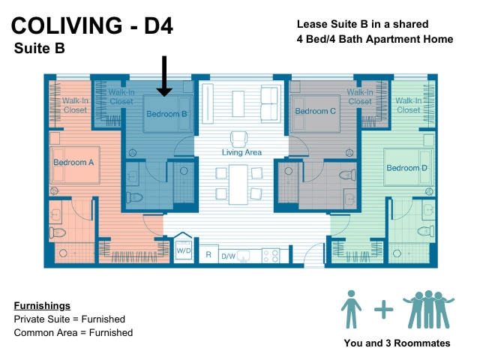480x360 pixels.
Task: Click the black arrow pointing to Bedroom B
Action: click(x=164, y=76)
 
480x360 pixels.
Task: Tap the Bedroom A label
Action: click(x=73, y=162)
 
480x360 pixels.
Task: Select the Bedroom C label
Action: click(x=315, y=111)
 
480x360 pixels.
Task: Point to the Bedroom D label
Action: click(x=406, y=168)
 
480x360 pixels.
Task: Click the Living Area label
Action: click(x=241, y=152)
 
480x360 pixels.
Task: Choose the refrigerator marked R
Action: click(x=208, y=254)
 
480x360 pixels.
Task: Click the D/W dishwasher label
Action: click(x=228, y=256)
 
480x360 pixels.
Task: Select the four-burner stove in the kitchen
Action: click(x=271, y=256)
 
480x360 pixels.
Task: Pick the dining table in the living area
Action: click(x=238, y=184)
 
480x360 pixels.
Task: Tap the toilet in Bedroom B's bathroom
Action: click(x=135, y=197)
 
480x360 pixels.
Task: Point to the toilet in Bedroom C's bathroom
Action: click(x=347, y=175)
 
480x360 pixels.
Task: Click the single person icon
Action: click(x=351, y=309)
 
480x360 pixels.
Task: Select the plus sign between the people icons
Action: click(x=383, y=310)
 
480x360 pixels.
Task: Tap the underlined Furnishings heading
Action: click(x=42, y=305)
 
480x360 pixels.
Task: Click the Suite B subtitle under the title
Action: click(x=40, y=48)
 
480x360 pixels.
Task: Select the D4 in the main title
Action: click(x=158, y=25)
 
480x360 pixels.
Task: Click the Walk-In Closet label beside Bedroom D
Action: click(x=408, y=105)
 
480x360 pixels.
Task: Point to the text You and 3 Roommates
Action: click(x=397, y=343)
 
